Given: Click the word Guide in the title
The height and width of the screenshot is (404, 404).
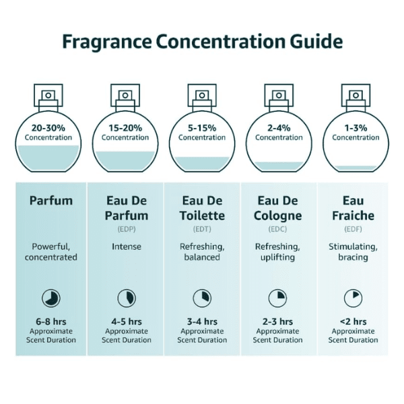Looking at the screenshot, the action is [x=316, y=42].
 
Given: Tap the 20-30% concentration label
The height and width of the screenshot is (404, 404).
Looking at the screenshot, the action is [x=48, y=128].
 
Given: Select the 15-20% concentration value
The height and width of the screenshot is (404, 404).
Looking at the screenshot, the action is [x=125, y=128].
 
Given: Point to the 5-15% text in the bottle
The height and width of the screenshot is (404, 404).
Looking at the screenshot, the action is [x=202, y=128].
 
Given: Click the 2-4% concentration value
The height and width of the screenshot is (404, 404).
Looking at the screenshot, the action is [x=279, y=128].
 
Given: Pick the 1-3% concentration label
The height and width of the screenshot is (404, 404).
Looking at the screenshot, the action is [x=356, y=128].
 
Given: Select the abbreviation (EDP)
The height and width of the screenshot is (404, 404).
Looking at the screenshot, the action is [x=127, y=229].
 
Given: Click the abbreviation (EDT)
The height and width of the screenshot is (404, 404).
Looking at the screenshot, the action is [x=202, y=229].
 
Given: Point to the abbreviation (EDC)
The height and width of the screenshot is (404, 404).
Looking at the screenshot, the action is [x=277, y=229].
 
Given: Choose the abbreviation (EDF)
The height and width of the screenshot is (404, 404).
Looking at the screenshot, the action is [x=353, y=229].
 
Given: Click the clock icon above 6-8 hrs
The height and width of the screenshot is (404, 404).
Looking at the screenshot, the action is [x=51, y=298].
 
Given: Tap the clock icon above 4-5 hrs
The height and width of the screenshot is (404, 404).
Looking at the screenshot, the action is [x=127, y=298].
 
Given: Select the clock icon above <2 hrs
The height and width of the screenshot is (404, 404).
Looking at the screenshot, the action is [x=353, y=298].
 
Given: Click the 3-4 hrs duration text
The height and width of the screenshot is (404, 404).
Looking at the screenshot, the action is [x=202, y=322].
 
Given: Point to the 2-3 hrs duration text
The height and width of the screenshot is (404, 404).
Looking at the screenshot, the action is [x=277, y=322].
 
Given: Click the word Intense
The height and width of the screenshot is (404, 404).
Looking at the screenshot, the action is [x=127, y=247].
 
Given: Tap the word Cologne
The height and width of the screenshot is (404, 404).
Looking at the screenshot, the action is [x=277, y=216].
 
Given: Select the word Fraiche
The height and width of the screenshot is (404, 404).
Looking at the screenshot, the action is [x=353, y=215].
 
